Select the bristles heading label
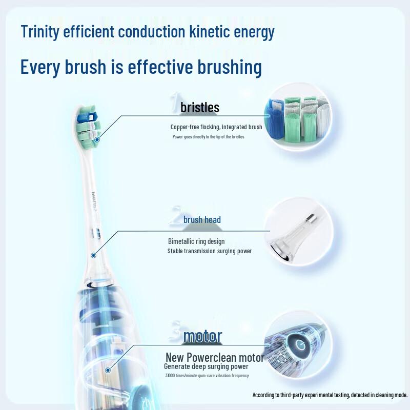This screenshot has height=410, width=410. pyautogui.click(x=200, y=108)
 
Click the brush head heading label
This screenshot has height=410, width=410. pyautogui.click(x=202, y=220)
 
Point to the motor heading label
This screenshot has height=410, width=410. pyautogui.click(x=202, y=336)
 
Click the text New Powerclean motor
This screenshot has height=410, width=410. pyautogui.click(x=215, y=357)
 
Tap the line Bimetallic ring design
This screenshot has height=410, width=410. pyautogui.click(x=196, y=241)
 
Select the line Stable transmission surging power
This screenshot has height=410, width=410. pyautogui.click(x=209, y=251)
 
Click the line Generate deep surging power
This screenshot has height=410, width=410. pyautogui.click(x=206, y=366)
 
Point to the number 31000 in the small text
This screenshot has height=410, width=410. pyautogui.click(x=171, y=376)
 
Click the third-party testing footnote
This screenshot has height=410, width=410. pyautogui.click(x=330, y=395)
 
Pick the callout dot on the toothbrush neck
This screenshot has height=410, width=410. pyautogui.click(x=94, y=255)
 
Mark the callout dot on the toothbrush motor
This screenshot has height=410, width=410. pyautogui.click(x=108, y=369)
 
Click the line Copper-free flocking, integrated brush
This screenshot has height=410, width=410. pyautogui.click(x=216, y=127)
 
